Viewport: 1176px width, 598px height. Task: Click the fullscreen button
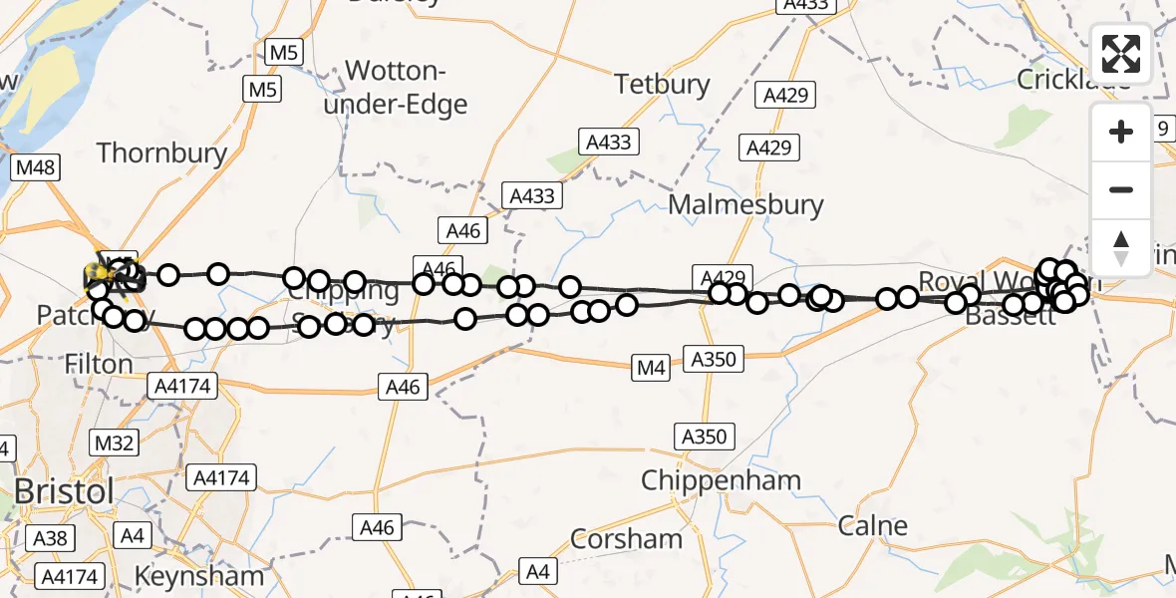(x=1121, y=53)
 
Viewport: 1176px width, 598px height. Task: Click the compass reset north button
(x=1121, y=247)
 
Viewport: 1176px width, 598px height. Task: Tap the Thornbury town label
(x=161, y=152)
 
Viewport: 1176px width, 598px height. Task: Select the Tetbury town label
(x=662, y=84)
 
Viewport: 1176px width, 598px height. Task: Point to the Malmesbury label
(x=746, y=205)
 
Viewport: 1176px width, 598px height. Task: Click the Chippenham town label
(x=721, y=480)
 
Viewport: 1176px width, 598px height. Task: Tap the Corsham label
(x=626, y=539)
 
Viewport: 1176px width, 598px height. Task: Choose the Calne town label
(x=873, y=525)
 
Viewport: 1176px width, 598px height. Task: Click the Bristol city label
(x=64, y=491)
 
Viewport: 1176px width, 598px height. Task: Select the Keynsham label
(x=199, y=575)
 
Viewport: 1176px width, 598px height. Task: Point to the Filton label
(x=99, y=365)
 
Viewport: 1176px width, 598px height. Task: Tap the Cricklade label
(x=1073, y=79)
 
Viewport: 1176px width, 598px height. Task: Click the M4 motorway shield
(x=652, y=369)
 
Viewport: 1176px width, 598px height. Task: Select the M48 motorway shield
(x=33, y=167)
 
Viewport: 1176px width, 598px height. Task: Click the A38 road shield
(x=49, y=539)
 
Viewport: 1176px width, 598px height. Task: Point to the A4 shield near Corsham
(x=537, y=572)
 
